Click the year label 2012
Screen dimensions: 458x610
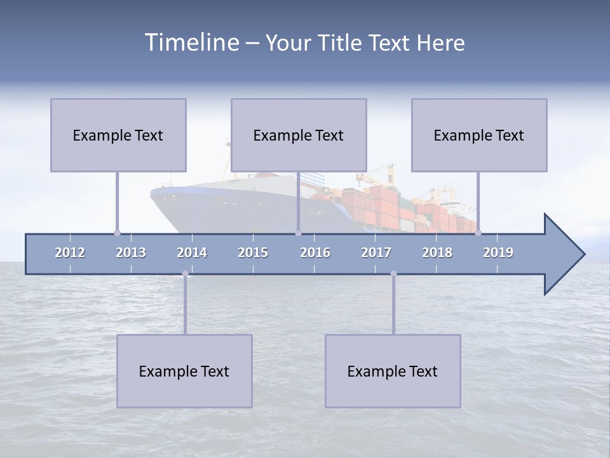pos(70,253)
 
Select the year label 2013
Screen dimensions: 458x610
pos(131,253)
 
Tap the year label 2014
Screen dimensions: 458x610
pos(192,253)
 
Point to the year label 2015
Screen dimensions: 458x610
pos(253,253)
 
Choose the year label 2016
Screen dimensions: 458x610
pos(315,253)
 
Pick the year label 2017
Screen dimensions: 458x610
pos(376,253)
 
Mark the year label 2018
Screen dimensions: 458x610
pos(437,253)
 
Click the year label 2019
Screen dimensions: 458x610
pos(498,253)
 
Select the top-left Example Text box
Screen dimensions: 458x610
pos(118,135)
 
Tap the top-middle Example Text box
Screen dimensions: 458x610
pos(299,135)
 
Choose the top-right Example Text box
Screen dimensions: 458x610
pos(479,135)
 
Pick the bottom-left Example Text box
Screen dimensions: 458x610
pos(184,371)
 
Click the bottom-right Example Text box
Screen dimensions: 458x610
pos(393,371)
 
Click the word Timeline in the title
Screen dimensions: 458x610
pos(191,43)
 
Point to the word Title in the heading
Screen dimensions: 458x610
pos(342,43)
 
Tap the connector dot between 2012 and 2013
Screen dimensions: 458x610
pos(117,233)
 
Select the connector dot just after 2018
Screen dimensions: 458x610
pos(478,233)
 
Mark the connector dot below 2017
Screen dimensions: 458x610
pos(393,274)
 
